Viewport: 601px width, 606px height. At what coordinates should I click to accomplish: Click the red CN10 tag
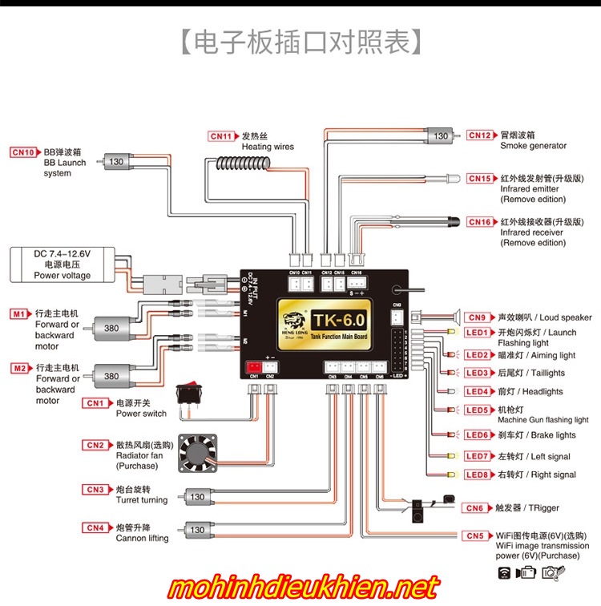point(24,151)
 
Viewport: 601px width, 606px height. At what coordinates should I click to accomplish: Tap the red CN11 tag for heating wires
point(222,136)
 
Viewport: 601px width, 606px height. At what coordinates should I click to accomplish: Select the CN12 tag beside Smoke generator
point(481,135)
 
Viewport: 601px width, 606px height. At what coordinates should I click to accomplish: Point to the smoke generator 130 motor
point(439,136)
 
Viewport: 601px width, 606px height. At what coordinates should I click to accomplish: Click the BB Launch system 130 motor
point(115,162)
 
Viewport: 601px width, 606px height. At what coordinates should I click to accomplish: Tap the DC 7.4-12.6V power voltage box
point(63,265)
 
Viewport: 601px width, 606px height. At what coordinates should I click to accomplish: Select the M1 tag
point(19,314)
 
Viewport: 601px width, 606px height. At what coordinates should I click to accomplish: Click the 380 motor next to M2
point(111,375)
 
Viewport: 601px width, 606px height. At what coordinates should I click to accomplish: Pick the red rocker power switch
point(189,393)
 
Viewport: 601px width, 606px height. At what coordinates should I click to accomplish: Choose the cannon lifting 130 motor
point(196,530)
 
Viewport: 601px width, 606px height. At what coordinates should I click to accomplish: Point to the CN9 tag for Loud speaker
point(477,317)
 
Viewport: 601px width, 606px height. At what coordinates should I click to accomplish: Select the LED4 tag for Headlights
point(477,392)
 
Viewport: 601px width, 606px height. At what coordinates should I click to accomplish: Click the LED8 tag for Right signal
point(477,475)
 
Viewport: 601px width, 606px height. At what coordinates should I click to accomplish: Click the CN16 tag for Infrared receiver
point(481,221)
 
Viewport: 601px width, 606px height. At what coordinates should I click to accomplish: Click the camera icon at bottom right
point(551,572)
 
